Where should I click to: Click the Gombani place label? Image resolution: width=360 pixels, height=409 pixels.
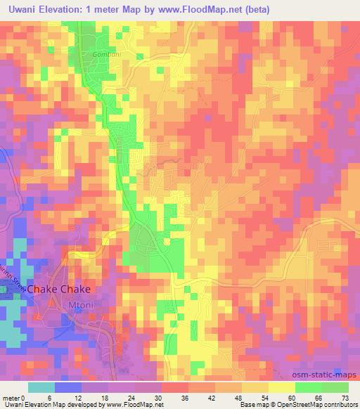(x=107, y=53)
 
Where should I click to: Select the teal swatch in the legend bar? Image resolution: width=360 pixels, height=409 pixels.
(x=41, y=387)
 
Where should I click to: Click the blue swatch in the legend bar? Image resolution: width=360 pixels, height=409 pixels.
(x=67, y=387)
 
